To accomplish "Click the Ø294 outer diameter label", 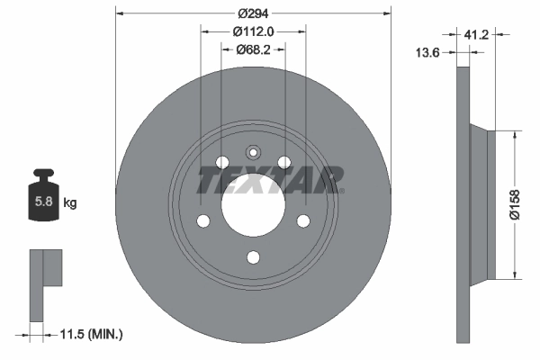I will click(x=253, y=14).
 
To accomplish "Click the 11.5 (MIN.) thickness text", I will click(x=89, y=334).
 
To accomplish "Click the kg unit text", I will click(x=70, y=203).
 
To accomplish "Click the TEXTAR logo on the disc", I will click(x=271, y=180).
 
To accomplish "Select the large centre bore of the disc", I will click(x=253, y=204).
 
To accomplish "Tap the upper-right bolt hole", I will click(x=284, y=162).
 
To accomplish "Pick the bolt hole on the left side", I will click(x=202, y=220).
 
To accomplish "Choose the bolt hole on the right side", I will click(x=303, y=220).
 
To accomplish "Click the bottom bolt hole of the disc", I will click(x=253, y=257).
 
